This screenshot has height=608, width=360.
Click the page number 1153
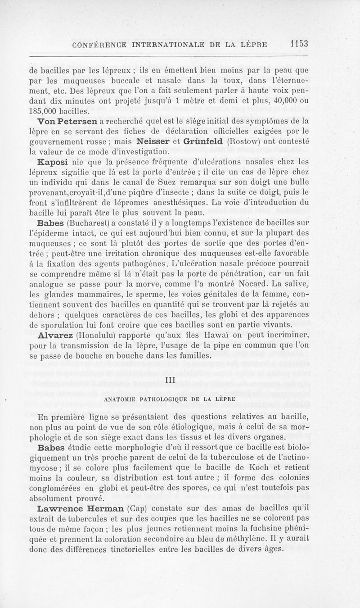pos(299,44)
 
